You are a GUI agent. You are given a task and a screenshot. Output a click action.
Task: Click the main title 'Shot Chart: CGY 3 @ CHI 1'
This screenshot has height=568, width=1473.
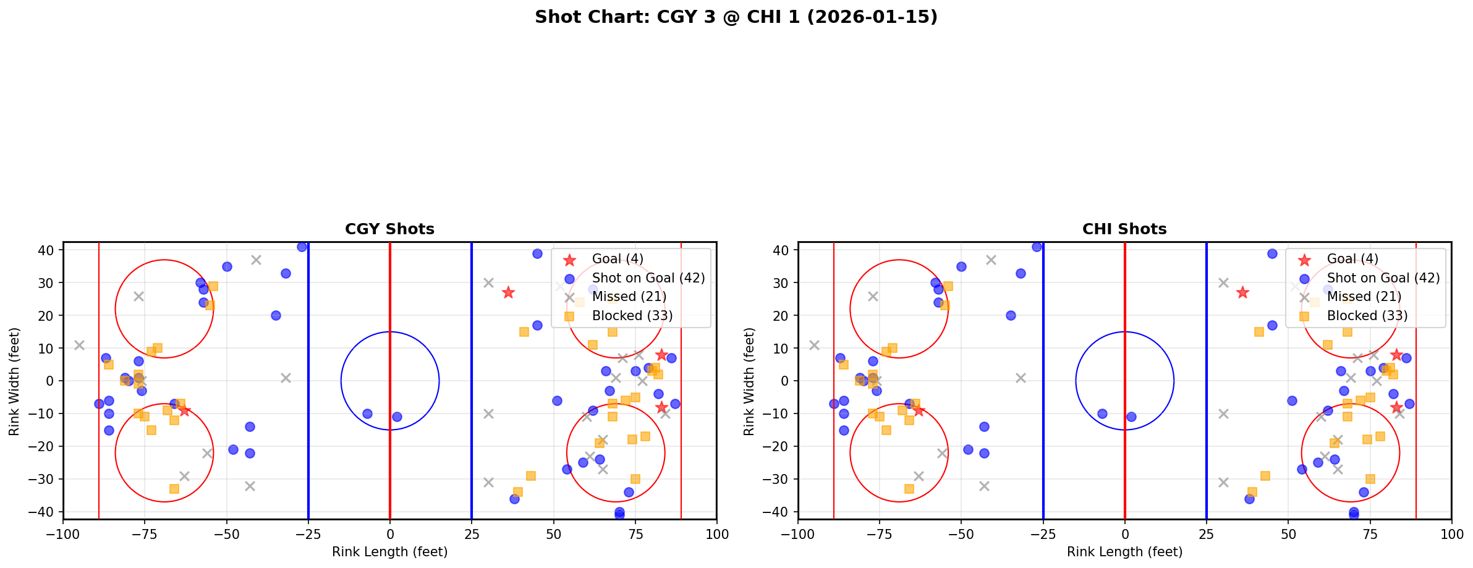tap(736, 17)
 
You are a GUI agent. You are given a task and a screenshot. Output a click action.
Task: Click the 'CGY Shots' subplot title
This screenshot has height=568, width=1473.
tap(389, 229)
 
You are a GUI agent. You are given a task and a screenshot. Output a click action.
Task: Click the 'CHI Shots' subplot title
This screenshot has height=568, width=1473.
tap(1124, 229)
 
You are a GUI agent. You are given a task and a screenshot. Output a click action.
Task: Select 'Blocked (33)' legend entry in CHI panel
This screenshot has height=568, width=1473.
tap(1367, 316)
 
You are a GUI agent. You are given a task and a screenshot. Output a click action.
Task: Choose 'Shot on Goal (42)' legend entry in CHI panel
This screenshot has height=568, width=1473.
tap(1383, 278)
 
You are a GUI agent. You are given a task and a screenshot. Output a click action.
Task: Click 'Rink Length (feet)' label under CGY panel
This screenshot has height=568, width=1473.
tap(389, 552)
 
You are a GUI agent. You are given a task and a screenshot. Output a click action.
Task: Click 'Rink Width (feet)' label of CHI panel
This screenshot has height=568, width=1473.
tap(749, 381)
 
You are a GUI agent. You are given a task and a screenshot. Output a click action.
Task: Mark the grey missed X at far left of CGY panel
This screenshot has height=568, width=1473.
tap(79, 345)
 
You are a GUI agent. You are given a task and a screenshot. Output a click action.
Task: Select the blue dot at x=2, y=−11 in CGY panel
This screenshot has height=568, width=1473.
tap(397, 417)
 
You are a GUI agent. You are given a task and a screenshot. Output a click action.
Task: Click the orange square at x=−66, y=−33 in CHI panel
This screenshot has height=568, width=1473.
tap(909, 489)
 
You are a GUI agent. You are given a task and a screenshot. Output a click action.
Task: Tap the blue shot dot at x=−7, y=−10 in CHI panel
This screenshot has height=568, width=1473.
tap(1102, 413)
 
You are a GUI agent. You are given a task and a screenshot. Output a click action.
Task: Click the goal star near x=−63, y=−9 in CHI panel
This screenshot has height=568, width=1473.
tap(919, 410)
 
